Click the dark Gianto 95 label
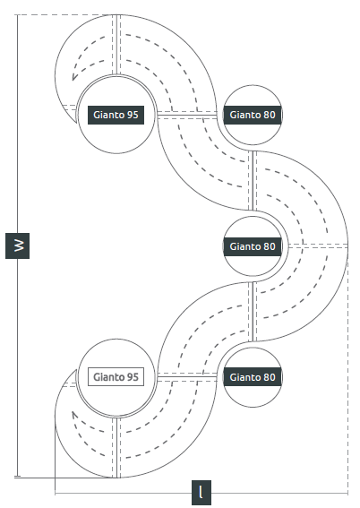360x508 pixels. coord(116,115)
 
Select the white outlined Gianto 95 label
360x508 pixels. coord(116,377)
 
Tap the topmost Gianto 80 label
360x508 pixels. coord(253,115)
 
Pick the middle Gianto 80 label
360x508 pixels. coord(253,246)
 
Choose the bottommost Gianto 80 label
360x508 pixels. coord(253,377)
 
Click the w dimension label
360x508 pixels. coord(18,245)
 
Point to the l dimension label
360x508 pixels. coord(201,493)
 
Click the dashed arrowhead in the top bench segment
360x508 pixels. coord(74,77)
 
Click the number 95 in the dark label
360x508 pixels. coord(133,115)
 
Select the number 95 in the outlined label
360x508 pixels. coord(133,377)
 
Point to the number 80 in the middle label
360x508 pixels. coord(270,246)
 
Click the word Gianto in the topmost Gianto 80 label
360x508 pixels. coord(244,115)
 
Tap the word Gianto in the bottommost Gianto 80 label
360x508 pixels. coord(244,377)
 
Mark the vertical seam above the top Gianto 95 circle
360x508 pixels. coord(116,45)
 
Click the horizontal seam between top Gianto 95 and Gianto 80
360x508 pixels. coord(187,115)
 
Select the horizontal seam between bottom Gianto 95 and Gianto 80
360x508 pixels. coord(187,376)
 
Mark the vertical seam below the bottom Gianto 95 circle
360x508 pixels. coord(116,447)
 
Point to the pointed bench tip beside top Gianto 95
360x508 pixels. coord(76,123)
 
